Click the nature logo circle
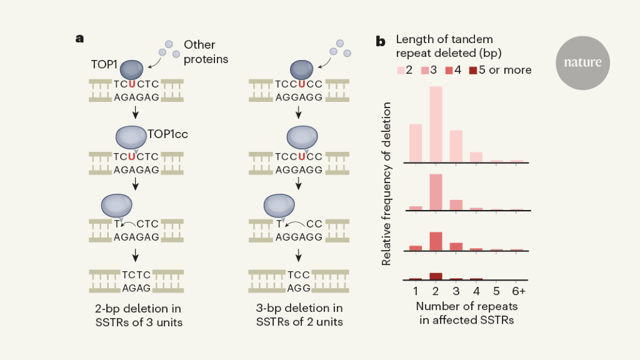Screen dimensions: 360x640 [582, 62]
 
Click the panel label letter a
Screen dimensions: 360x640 [79, 39]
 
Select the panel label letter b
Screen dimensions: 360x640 [380, 42]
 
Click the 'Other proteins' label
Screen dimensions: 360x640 [206, 52]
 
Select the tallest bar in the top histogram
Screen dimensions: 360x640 [436, 124]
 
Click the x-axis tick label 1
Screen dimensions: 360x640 [416, 291]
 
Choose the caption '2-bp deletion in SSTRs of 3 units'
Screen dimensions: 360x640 [136, 315]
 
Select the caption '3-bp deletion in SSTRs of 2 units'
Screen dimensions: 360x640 [299, 315]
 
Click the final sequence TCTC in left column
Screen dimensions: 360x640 [136, 274]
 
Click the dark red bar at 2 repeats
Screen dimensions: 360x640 [436, 276]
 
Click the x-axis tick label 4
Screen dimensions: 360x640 [476, 291]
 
